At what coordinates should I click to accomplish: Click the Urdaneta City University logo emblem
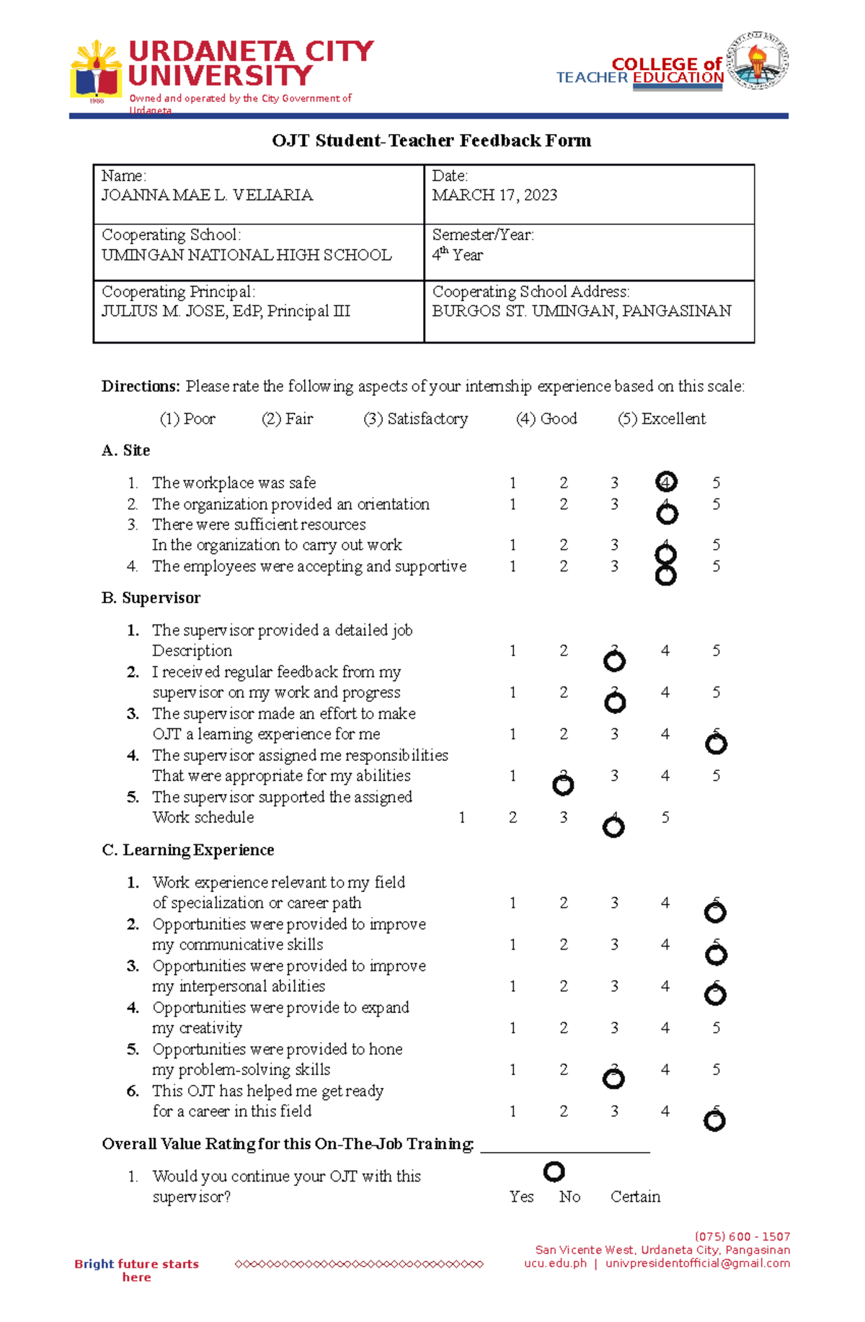pos(95,71)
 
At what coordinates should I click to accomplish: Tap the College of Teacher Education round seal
pos(757,61)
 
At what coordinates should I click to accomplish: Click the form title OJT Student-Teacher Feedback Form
pos(431,140)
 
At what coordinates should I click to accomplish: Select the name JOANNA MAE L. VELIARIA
pos(207,195)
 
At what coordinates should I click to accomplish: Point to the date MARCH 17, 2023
pos(494,195)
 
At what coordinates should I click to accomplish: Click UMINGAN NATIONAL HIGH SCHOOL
pos(247,255)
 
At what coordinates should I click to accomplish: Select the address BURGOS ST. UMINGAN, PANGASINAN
pos(581,311)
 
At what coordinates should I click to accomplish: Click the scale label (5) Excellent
pos(662,419)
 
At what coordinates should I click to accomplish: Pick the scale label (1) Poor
pos(187,419)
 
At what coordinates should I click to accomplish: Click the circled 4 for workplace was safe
pos(665,482)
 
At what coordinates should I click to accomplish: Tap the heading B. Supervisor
pos(151,598)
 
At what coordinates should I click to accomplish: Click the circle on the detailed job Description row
pos(614,660)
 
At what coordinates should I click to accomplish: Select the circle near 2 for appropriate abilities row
pos(563,785)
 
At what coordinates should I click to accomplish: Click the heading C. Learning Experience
pos(187,850)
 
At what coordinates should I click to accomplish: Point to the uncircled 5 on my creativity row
pos(716,1028)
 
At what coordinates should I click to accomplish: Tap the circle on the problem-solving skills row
pos(613,1078)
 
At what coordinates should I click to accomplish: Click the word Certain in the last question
pos(635,1197)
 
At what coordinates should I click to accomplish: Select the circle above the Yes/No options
pos(554,1171)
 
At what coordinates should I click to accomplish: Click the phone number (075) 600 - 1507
pos(742,1236)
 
